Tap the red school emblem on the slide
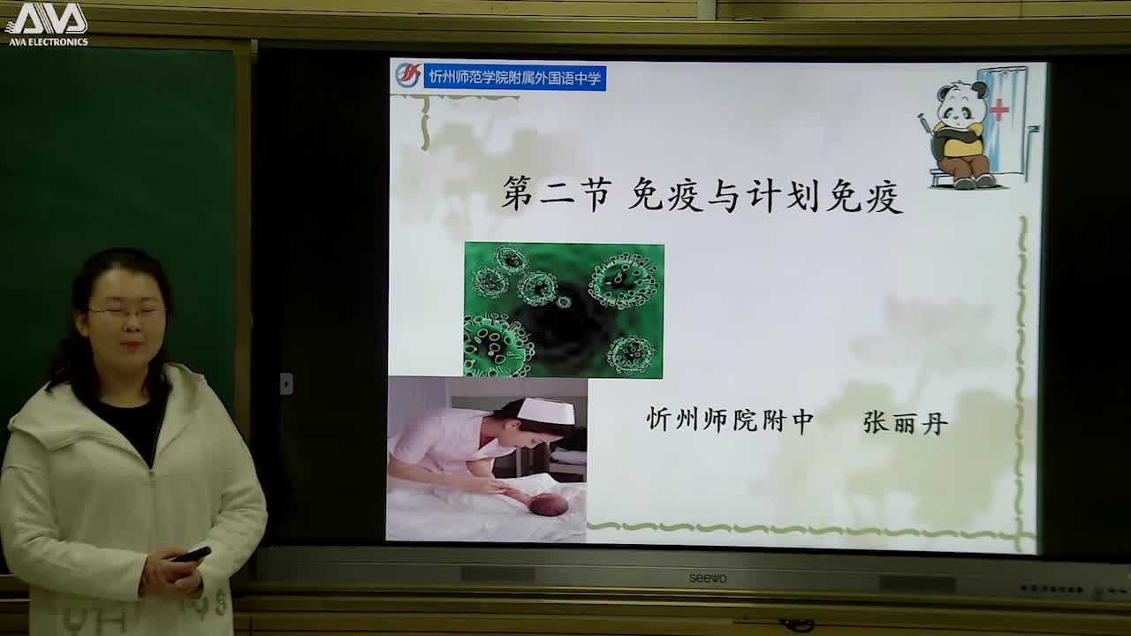coord(407,76)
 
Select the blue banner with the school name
coord(514,78)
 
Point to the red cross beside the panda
coord(999,110)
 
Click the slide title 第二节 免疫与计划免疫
coord(702,194)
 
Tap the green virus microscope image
coord(564,310)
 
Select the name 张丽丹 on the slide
coord(905,423)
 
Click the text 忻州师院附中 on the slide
coord(730,420)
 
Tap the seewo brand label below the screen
coord(708,578)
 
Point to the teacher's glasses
coord(125,312)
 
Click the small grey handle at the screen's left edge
coord(286,383)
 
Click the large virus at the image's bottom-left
coord(496,347)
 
